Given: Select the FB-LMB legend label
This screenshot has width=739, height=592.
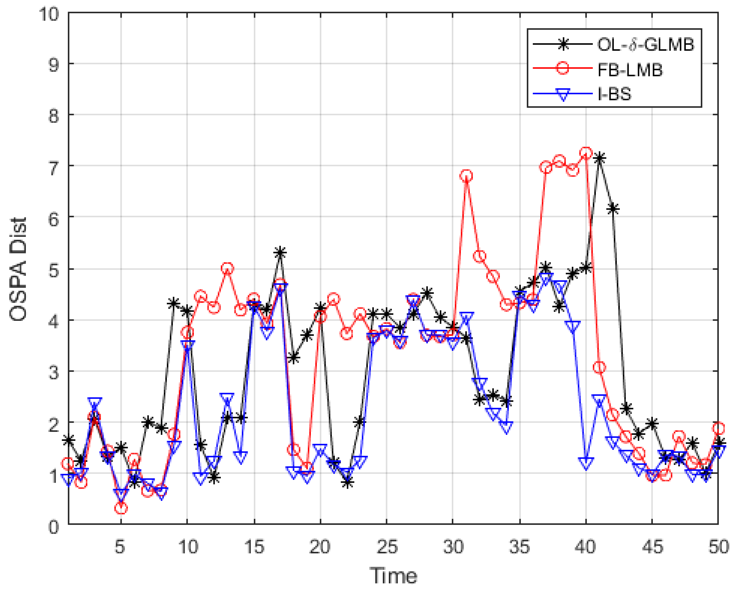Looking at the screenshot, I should [630, 70].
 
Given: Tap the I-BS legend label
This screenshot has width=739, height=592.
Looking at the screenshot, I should [614, 94].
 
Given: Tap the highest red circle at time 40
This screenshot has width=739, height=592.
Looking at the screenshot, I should [586, 153].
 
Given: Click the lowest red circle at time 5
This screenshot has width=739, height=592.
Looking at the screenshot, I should [121, 508].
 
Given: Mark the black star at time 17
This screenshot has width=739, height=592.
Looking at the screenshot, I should [280, 253].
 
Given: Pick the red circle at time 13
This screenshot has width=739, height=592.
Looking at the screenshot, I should [227, 269].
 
